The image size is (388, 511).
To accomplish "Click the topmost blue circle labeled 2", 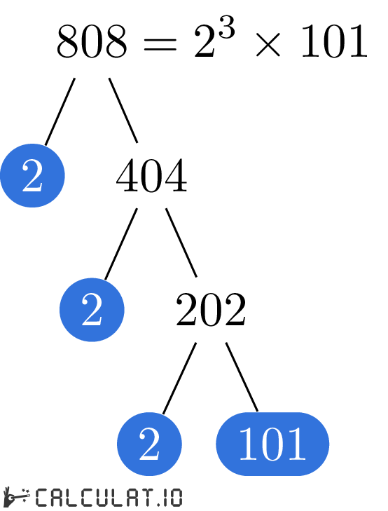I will (x=32, y=175).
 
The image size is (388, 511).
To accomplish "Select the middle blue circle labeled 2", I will (x=92, y=310).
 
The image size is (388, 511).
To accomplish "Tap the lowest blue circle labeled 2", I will (x=149, y=444).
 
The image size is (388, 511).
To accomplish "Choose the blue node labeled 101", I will (x=272, y=444).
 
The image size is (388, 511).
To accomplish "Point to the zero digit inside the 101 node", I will (x=272, y=444).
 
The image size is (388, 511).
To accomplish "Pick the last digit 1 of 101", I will (x=297, y=444).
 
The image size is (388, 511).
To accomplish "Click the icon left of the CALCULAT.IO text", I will (x=17, y=497).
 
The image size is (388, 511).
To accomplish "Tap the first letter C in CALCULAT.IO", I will (x=41, y=498).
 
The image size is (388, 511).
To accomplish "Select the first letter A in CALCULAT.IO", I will (x=55, y=498).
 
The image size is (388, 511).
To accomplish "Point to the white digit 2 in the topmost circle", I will (x=32, y=176).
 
